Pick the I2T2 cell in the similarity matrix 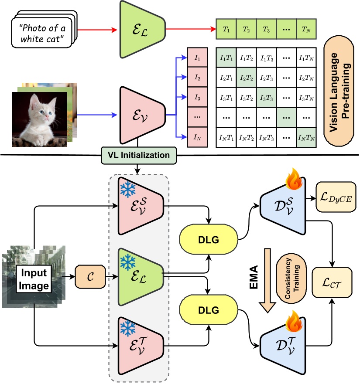tap(245, 78)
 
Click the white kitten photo tap(40, 118)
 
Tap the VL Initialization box tap(138, 155)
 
